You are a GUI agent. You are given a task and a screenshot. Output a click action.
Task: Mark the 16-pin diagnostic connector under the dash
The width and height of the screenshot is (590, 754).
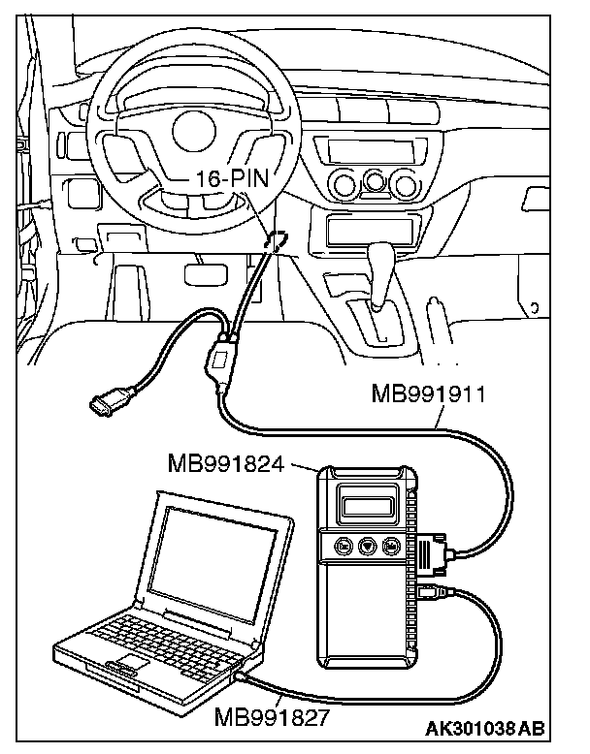click(x=275, y=239)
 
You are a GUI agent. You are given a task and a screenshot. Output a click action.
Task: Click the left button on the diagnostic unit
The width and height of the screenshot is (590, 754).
click(x=343, y=547)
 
